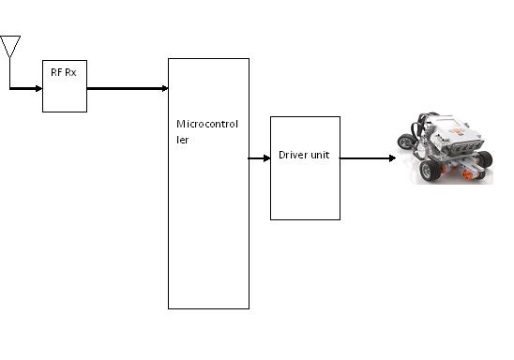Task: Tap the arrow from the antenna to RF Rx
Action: [25, 89]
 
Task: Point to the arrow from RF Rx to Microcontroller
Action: [127, 89]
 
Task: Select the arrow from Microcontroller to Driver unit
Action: [259, 158]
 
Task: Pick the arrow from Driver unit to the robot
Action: [366, 158]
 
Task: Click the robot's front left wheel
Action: [431, 170]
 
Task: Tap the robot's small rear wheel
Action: [406, 142]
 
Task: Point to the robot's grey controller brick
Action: [454, 136]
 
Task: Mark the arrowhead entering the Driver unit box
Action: [266, 158]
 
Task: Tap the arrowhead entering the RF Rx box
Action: [38, 89]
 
